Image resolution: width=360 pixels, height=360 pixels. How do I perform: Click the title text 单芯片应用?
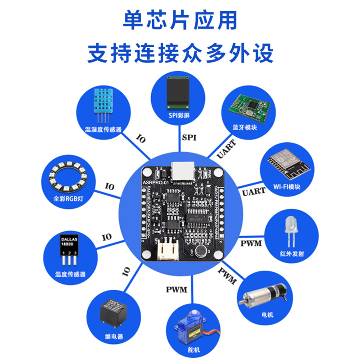tap(180, 20)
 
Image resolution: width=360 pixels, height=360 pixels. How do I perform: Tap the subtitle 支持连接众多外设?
tap(180, 53)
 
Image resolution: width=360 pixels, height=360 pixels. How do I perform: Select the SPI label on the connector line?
tap(188, 137)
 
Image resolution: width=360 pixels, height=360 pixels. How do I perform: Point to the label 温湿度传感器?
tap(103, 129)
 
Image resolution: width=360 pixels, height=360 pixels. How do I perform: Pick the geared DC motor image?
tap(264, 293)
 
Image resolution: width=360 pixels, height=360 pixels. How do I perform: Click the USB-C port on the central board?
tap(183, 173)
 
